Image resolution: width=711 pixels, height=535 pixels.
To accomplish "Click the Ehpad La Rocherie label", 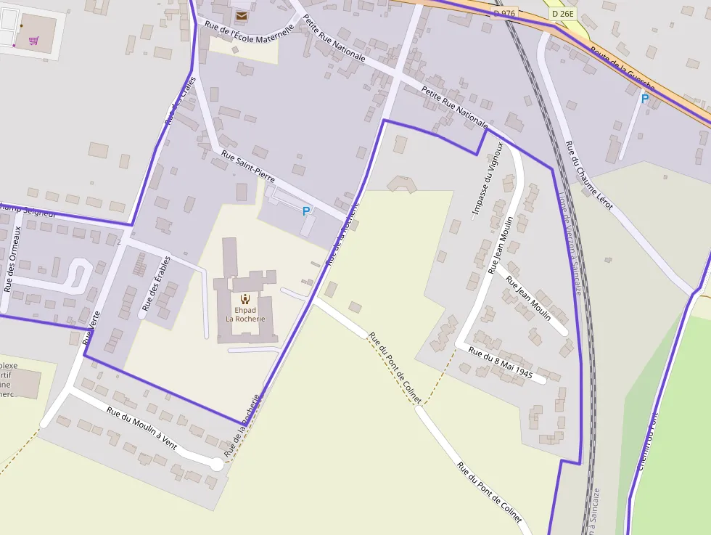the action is click(x=245, y=314).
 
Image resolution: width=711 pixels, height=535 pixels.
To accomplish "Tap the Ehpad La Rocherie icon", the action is click(x=245, y=298).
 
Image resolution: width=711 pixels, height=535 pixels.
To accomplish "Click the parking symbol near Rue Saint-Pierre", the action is click(x=306, y=211).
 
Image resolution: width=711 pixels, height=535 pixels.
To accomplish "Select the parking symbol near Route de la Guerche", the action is click(x=644, y=99).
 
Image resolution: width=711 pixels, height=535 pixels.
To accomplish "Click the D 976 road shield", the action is click(x=504, y=13).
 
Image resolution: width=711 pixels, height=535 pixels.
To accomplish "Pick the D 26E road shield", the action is click(x=562, y=13).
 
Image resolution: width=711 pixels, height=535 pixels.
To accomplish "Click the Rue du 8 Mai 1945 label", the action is click(x=501, y=364).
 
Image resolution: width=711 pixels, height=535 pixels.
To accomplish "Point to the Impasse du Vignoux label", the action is click(x=488, y=179).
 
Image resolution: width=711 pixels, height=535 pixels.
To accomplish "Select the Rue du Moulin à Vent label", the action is click(x=141, y=428).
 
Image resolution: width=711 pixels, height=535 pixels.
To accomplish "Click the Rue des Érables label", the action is click(x=156, y=283).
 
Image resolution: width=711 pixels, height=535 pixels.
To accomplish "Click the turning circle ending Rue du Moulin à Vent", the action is click(x=216, y=464).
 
